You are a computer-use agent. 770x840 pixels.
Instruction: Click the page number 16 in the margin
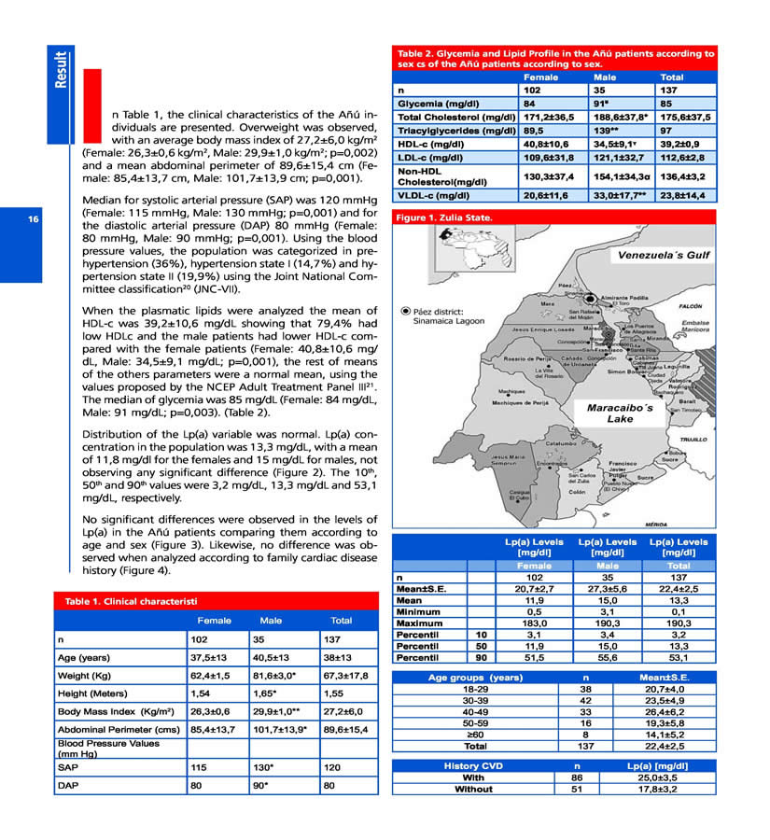coord(35,220)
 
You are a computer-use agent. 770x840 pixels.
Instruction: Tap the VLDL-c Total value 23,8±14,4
coord(686,196)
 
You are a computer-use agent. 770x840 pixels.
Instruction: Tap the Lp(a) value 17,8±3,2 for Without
coord(664,789)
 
